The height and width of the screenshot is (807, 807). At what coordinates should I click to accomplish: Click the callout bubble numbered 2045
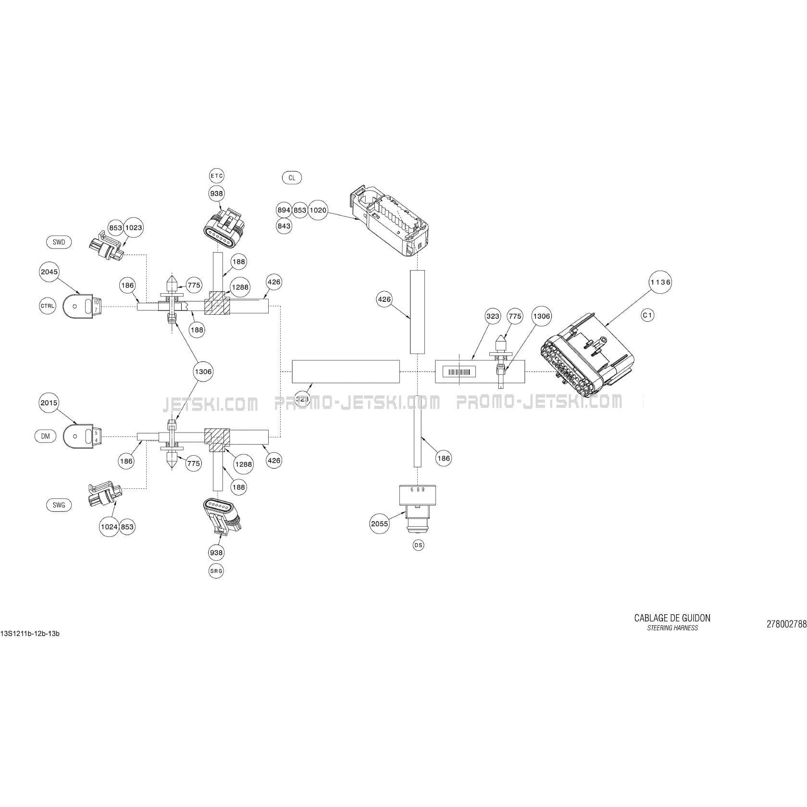pos(49,272)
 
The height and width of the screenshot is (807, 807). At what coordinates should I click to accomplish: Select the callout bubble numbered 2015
pos(49,403)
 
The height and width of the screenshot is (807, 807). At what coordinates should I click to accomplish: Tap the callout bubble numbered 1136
pos(660,282)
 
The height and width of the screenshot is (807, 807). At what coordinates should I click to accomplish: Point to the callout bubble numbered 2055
pos(380,524)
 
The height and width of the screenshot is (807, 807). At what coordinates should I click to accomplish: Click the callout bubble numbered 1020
pos(318,210)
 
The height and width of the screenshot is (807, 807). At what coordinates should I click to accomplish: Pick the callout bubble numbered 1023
pos(133,227)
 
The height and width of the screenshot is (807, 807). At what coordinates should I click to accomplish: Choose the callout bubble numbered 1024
pos(109,527)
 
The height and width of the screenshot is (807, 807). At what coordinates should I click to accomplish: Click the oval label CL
pos(292,178)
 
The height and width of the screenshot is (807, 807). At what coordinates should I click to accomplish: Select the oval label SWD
pos(59,242)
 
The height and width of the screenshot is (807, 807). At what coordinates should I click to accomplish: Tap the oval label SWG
pos(59,505)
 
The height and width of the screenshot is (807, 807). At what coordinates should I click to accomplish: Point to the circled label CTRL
pos(48,306)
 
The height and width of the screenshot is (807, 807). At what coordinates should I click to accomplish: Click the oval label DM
pos(45,436)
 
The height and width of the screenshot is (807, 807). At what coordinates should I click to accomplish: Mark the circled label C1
pos(647,315)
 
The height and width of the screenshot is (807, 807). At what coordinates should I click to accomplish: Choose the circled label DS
pos(419,545)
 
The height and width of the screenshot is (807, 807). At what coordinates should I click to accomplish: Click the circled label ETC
pos(217,175)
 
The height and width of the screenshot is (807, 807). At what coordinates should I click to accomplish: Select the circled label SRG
pos(216,571)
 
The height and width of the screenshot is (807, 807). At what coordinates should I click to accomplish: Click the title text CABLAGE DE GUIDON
pos(672,618)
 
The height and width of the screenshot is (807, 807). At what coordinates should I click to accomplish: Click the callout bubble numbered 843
pos(285,225)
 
